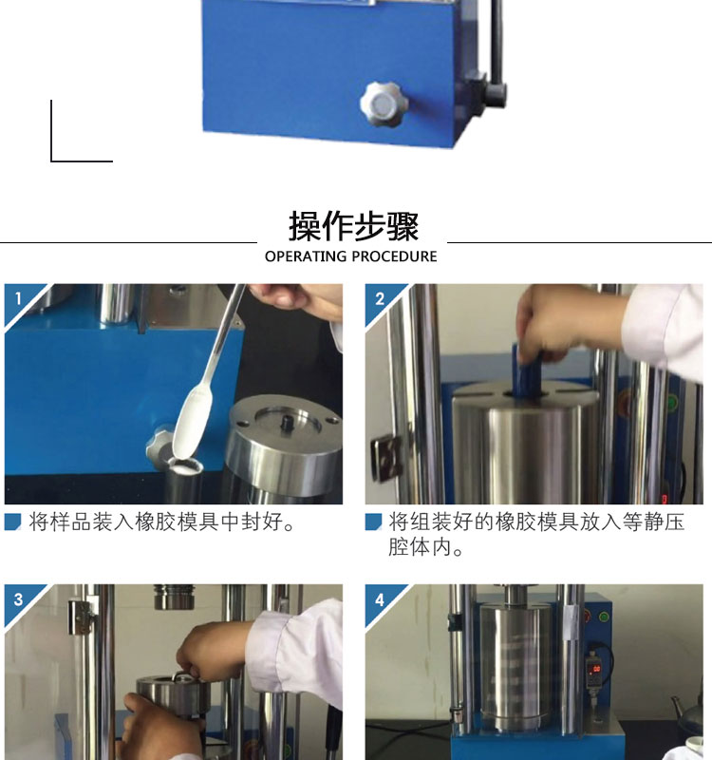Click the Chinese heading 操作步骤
point(353,226)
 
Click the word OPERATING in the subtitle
point(306,256)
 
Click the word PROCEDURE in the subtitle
point(394,256)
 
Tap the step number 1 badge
point(18,298)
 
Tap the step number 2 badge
point(379,298)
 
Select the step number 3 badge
point(18,599)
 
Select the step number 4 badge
point(379,599)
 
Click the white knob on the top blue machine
point(384,104)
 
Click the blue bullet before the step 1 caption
point(13,522)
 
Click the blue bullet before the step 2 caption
point(373,522)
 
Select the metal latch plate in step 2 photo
point(386,459)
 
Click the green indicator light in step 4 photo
point(604,617)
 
